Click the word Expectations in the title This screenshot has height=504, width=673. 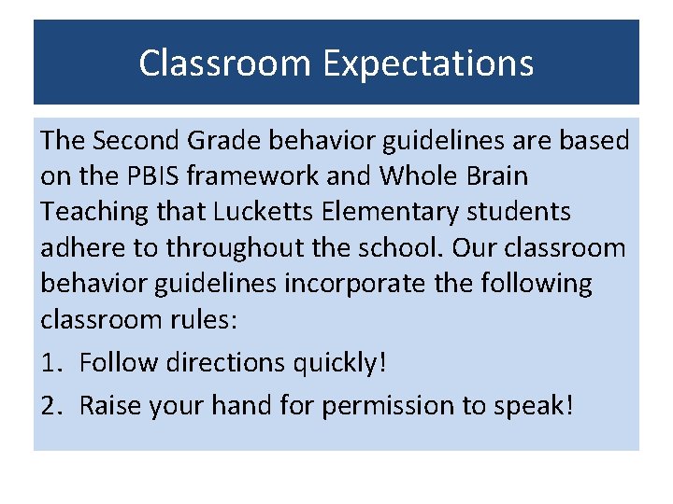click(x=428, y=64)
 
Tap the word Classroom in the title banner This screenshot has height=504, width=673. click(x=224, y=64)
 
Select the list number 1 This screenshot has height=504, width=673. click(x=49, y=362)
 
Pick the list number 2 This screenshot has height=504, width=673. click(x=50, y=406)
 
